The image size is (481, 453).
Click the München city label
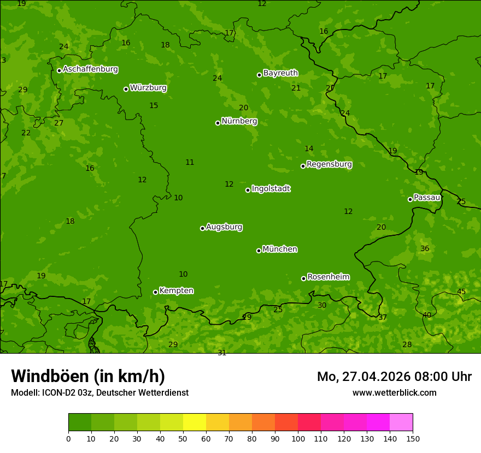(279, 249)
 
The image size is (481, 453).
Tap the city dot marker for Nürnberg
(218, 123)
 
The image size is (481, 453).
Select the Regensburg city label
(329, 164)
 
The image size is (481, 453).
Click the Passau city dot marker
(410, 199)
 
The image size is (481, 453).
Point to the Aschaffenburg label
(90, 69)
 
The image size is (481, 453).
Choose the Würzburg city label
(148, 88)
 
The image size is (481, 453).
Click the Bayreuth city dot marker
(259, 75)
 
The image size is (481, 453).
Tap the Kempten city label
(176, 291)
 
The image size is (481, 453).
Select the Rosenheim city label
(328, 277)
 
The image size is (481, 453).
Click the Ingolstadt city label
(271, 189)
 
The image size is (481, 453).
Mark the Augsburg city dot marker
(202, 228)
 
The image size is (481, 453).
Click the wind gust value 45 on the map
(461, 292)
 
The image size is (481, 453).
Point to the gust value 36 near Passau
(425, 249)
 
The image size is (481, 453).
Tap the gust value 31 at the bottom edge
(222, 353)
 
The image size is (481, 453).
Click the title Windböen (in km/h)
(88, 376)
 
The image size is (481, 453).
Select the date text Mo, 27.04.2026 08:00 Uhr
(394, 377)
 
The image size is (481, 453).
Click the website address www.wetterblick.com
(394, 392)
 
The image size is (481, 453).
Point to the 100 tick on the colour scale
(298, 438)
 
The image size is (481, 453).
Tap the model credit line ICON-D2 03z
(99, 392)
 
